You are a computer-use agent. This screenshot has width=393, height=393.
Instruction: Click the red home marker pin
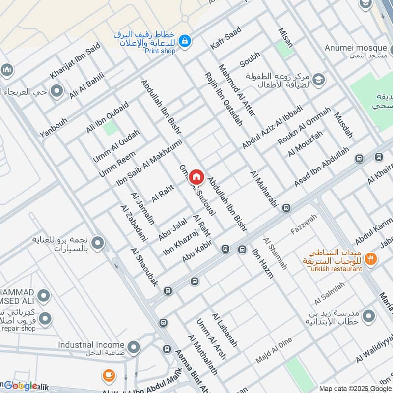pos(196,177)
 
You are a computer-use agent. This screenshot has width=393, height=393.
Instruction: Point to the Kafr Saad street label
pos(225,38)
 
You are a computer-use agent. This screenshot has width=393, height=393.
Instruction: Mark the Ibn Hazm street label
pos(262,264)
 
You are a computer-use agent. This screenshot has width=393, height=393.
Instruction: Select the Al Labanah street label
pos(225,330)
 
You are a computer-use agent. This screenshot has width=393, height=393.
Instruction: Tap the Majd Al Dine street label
pos(274,350)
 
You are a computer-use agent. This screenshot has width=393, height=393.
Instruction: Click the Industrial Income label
pos(91,345)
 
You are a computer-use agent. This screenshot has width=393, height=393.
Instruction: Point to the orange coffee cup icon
pos(108,376)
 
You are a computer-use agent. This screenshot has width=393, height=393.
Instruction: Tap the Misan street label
pos(285,37)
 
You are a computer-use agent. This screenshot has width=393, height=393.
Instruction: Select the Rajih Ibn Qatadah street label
pos(224,99)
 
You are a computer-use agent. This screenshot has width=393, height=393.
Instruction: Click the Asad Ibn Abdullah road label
pos(322,166)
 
